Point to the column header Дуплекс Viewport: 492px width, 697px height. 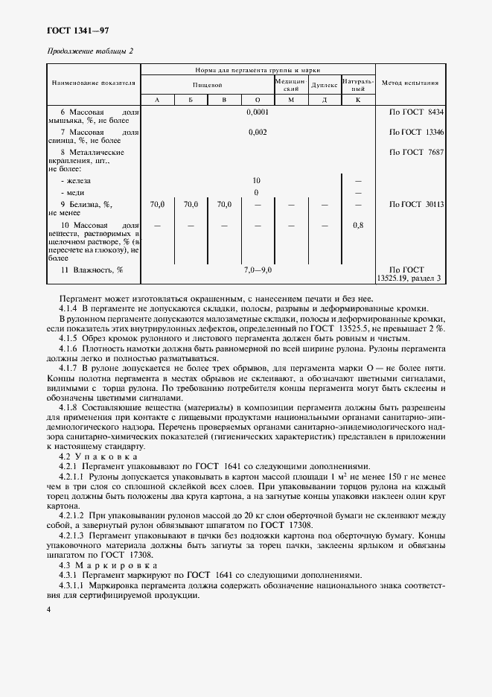[x=324, y=85]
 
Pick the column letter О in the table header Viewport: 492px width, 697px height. [x=257, y=99]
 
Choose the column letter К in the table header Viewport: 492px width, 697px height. [x=357, y=99]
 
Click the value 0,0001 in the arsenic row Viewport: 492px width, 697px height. [x=258, y=112]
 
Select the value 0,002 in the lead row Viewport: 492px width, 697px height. [x=258, y=132]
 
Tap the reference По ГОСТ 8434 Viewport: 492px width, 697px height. [x=416, y=112]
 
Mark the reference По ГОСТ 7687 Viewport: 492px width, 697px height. [x=416, y=152]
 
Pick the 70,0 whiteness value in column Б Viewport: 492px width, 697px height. [x=191, y=203]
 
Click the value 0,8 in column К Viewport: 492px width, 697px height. [x=358, y=224]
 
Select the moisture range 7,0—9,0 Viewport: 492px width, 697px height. [x=258, y=270]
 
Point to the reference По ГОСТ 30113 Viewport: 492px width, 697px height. [x=416, y=203]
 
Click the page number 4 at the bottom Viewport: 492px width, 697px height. [x=48, y=609]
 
